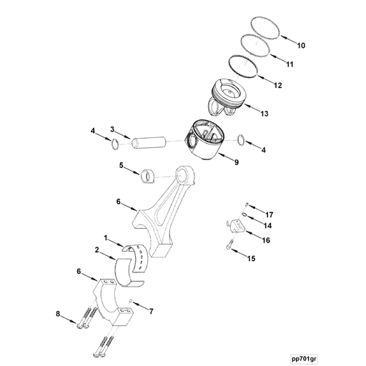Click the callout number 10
[x=302, y=46]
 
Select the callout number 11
[x=290, y=64]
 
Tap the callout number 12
[x=277, y=85]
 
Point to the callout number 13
[x=264, y=113]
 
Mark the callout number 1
[x=106, y=237]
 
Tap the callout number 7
[x=151, y=312]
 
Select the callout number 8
[x=58, y=313]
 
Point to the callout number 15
[x=250, y=259]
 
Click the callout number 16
[x=265, y=240]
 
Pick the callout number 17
[x=269, y=214]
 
